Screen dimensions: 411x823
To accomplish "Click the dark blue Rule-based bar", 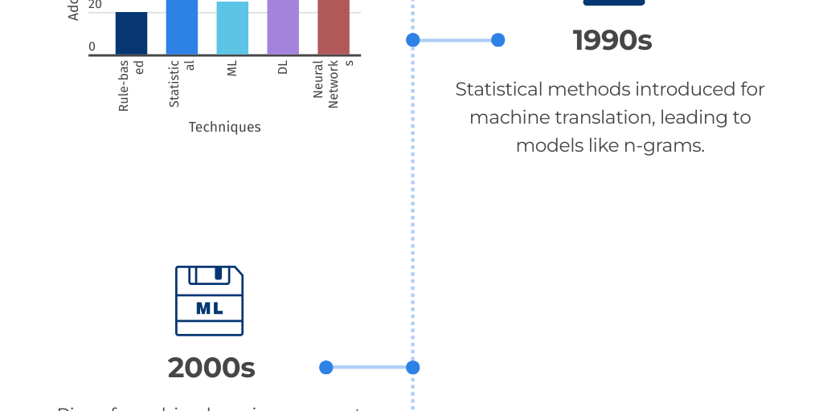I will pos(131,34).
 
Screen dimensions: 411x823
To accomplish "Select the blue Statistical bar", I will pos(182,27).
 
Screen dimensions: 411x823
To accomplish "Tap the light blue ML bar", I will pos(232,28).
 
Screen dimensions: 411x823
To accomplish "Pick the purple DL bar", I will pos(283,27).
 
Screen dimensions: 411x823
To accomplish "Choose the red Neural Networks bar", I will pos(334,27).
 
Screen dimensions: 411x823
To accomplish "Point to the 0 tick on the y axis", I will pos(92,47).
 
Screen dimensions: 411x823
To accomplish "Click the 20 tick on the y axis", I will pos(95,5).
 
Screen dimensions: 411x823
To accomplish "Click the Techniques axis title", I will pos(224,127).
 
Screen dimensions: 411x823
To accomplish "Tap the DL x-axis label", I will pos(283,68).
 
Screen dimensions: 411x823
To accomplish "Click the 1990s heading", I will pos(612,40).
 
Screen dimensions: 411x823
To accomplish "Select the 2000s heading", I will pos(211,368).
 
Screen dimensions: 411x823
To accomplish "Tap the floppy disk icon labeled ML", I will pos(209,301).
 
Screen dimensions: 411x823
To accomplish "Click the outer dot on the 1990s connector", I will pos(497,39).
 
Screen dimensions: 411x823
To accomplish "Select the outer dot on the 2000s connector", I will pos(326,368).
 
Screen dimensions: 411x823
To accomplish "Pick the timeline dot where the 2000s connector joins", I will pos(412,368).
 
